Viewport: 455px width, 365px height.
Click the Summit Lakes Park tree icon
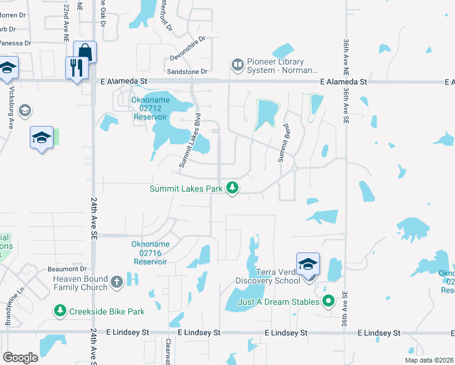click(232, 189)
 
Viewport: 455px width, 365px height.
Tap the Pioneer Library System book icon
click(237, 64)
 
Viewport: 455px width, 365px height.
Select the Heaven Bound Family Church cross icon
click(116, 283)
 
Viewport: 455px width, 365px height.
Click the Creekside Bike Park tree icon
click(60, 311)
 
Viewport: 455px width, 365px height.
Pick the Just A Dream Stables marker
click(328, 301)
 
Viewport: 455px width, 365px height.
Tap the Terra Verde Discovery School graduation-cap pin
click(308, 263)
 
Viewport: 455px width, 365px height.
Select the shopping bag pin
click(85, 52)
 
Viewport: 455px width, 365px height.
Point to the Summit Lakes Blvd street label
click(190, 141)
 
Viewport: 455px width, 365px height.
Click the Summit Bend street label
click(282, 146)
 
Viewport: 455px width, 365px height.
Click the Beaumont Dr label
click(68, 269)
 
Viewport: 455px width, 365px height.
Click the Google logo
click(21, 358)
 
